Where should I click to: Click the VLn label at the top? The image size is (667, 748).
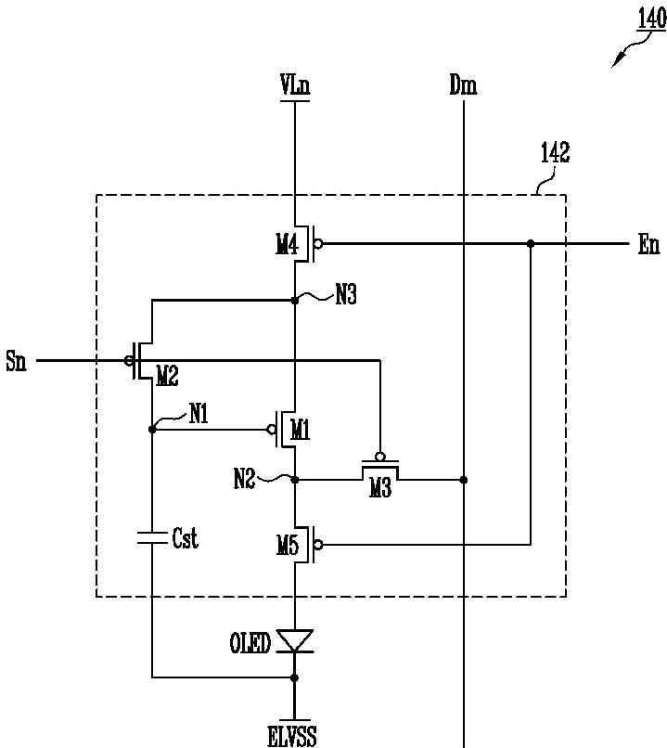295,85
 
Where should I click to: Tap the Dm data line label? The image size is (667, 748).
463,85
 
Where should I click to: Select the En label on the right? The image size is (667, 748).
648,245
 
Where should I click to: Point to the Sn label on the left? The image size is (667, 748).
16,361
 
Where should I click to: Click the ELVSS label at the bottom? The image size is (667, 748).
292,736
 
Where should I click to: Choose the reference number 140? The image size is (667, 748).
652,19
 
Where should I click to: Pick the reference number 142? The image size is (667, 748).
555,153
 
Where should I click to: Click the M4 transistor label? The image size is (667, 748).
287,245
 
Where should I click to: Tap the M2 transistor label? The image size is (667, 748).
167,377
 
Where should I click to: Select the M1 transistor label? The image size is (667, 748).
300,431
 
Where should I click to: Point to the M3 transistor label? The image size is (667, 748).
380,488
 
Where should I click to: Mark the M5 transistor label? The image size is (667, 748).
288,545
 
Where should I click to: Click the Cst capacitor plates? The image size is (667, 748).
152,537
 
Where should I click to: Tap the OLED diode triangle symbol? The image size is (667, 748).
295,640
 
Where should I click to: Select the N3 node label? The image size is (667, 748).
346,295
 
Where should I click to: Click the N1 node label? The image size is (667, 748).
199,413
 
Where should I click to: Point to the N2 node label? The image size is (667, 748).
245,479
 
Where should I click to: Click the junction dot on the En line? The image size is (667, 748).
531,244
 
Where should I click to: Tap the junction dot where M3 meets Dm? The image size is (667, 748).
464,480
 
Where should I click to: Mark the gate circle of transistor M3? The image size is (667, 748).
380,457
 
